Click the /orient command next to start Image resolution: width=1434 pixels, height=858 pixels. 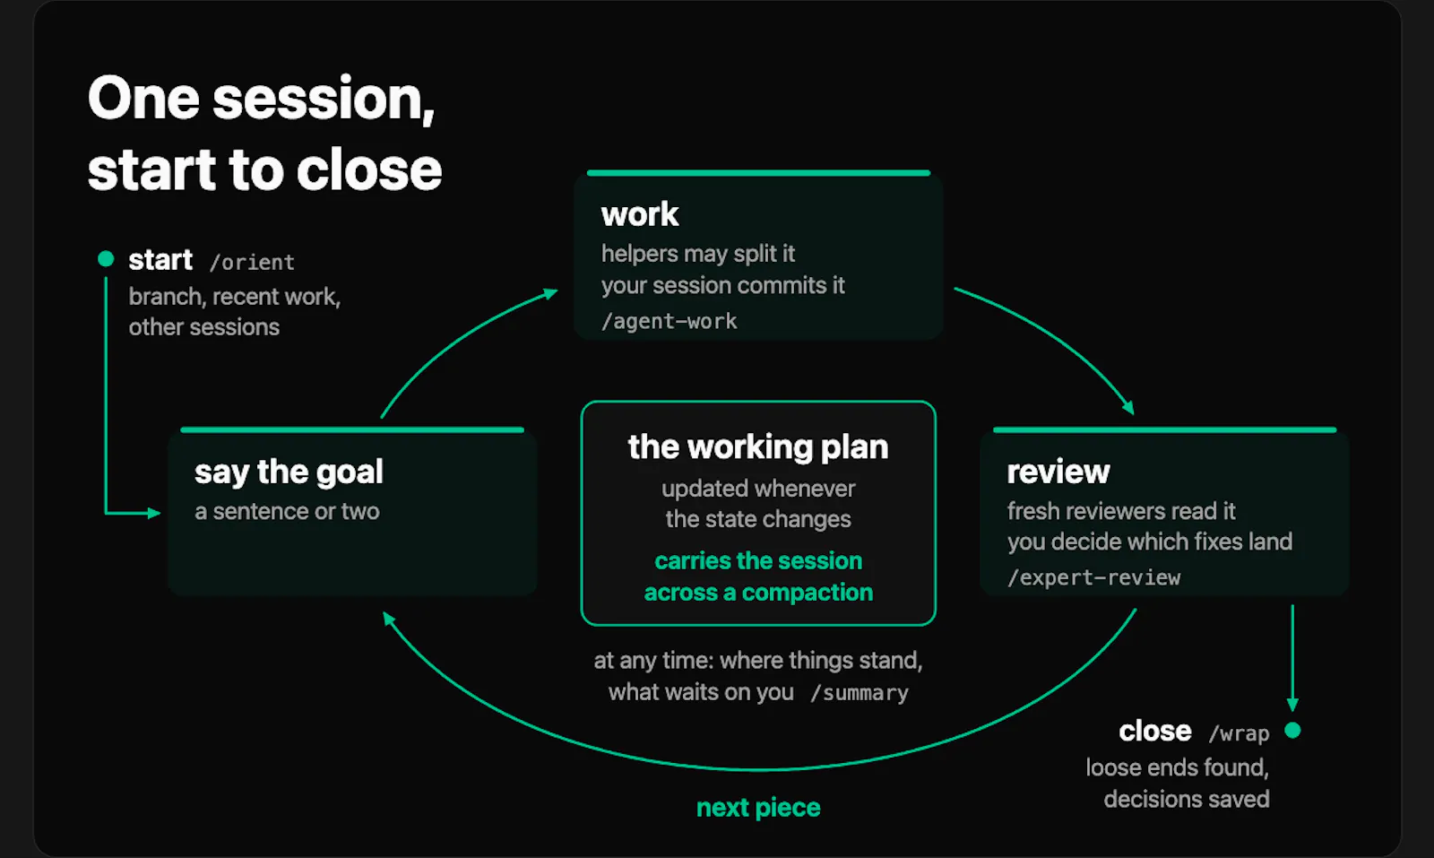252,263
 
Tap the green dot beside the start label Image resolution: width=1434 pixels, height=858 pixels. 106,259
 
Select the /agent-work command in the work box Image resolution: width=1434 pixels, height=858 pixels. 669,321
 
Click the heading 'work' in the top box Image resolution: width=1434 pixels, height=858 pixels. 640,214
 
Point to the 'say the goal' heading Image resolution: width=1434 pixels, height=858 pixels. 289,472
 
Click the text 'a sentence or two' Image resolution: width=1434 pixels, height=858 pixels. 287,512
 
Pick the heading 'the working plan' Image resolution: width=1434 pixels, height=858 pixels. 758,446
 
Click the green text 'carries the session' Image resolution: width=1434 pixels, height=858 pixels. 758,561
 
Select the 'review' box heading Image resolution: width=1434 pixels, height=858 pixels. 1058,472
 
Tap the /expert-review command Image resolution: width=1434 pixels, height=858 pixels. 1094,577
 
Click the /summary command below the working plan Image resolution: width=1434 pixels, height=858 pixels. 860,693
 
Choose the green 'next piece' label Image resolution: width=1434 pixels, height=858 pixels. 758,808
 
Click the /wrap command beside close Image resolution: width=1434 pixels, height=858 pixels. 1239,733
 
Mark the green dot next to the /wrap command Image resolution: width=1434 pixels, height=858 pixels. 1292,731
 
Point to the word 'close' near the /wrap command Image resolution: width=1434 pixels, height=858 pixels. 1155,732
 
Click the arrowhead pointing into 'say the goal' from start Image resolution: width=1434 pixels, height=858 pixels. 153,513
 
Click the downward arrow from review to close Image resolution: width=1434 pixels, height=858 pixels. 1292,658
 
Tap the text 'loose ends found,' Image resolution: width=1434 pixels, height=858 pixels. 1178,767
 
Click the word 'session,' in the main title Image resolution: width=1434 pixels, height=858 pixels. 324,99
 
